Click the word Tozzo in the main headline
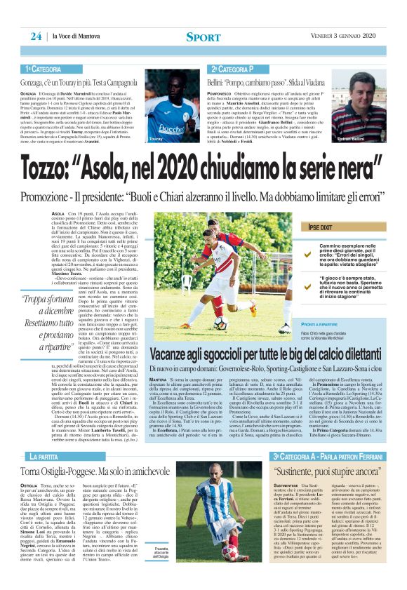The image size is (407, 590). click(x=54, y=168)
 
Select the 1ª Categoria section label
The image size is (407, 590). click(x=44, y=69)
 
